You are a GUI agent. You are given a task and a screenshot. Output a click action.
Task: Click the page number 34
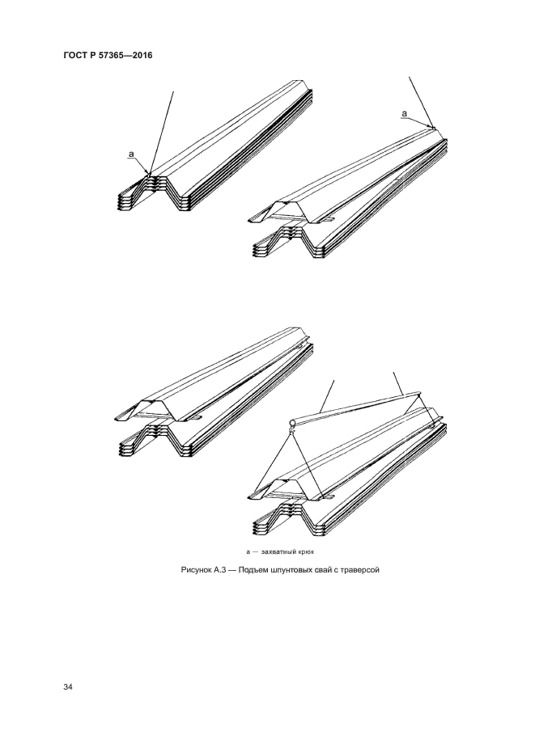tap(67, 687)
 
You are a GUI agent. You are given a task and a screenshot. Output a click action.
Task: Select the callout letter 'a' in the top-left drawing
tap(131, 154)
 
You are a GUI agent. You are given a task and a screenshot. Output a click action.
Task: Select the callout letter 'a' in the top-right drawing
tap(405, 113)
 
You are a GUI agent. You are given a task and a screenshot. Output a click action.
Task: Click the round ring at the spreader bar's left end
tap(293, 424)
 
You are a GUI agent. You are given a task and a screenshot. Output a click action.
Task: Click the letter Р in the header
tap(92, 55)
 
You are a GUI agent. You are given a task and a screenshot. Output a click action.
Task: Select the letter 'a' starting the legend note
tap(248, 551)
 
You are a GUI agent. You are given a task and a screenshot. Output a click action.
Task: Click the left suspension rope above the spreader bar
tap(327, 395)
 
